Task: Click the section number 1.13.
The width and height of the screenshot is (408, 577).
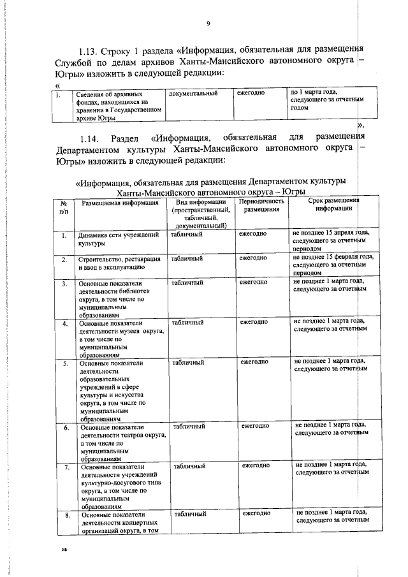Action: click(90, 50)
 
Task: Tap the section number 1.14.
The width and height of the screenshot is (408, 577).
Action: click(90, 138)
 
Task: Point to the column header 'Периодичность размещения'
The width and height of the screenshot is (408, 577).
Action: click(261, 205)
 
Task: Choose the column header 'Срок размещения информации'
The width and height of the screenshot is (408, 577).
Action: click(329, 205)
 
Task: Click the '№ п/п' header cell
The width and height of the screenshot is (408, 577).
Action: click(64, 206)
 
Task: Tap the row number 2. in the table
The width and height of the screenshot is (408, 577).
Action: click(64, 259)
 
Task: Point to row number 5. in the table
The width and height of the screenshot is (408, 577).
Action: click(65, 363)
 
